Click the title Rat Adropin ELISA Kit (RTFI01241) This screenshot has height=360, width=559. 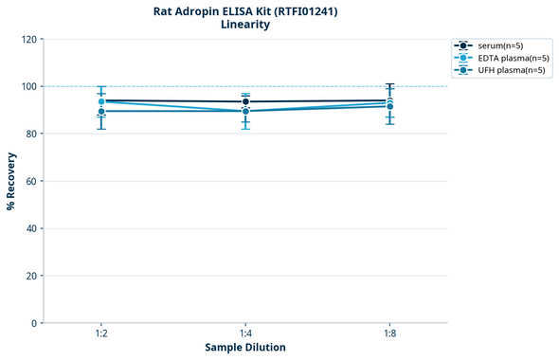245,11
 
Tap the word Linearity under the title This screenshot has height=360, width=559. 245,26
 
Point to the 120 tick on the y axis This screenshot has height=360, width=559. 28,40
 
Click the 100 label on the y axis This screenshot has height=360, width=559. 28,87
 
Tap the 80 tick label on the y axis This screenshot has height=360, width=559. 31,135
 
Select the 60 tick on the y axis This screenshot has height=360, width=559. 31,181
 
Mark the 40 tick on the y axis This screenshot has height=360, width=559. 31,228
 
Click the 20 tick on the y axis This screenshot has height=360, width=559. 31,276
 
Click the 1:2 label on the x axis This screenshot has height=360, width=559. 101,334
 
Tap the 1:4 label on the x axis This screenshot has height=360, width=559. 245,334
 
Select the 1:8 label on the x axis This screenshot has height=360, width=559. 389,334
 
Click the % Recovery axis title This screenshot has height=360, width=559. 11,181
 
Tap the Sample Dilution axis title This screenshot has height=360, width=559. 245,348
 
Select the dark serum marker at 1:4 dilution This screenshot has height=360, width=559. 245,101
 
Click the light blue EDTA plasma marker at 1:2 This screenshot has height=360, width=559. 101,102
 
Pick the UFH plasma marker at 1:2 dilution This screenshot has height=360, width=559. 101,112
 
